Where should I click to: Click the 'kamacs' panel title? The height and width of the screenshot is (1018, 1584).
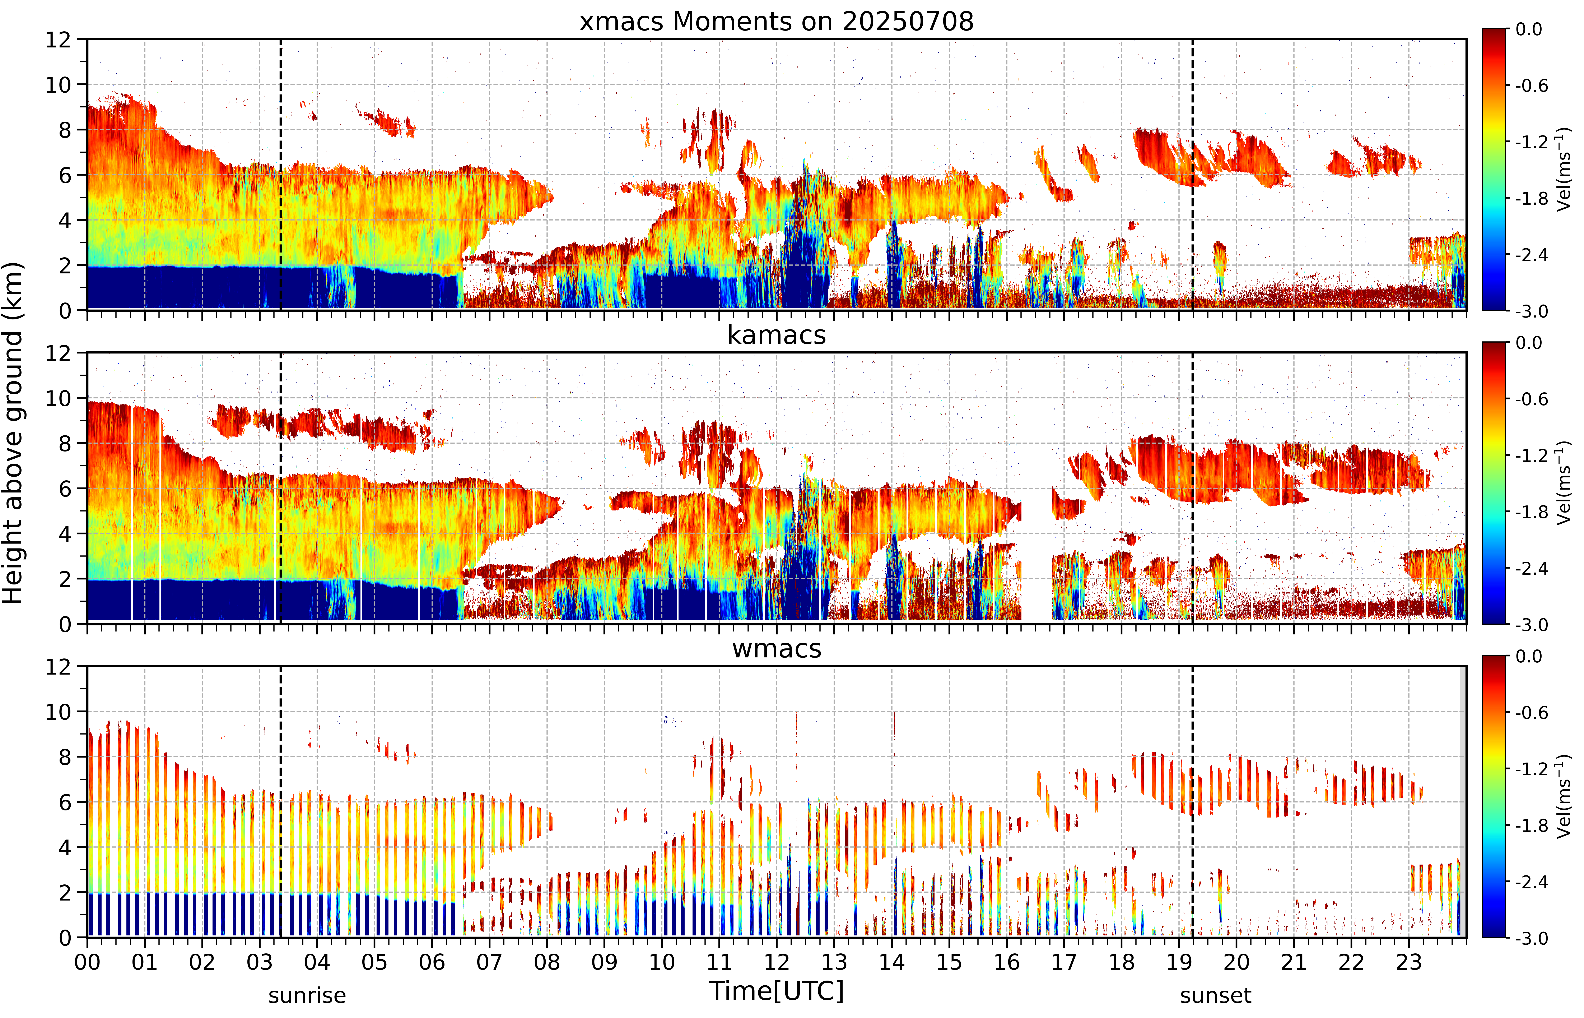click(777, 335)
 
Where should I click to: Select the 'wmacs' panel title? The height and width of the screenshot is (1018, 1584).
click(777, 648)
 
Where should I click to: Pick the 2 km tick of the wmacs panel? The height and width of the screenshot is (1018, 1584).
click(64, 892)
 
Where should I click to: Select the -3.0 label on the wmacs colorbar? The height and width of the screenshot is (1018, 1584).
click(1532, 938)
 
